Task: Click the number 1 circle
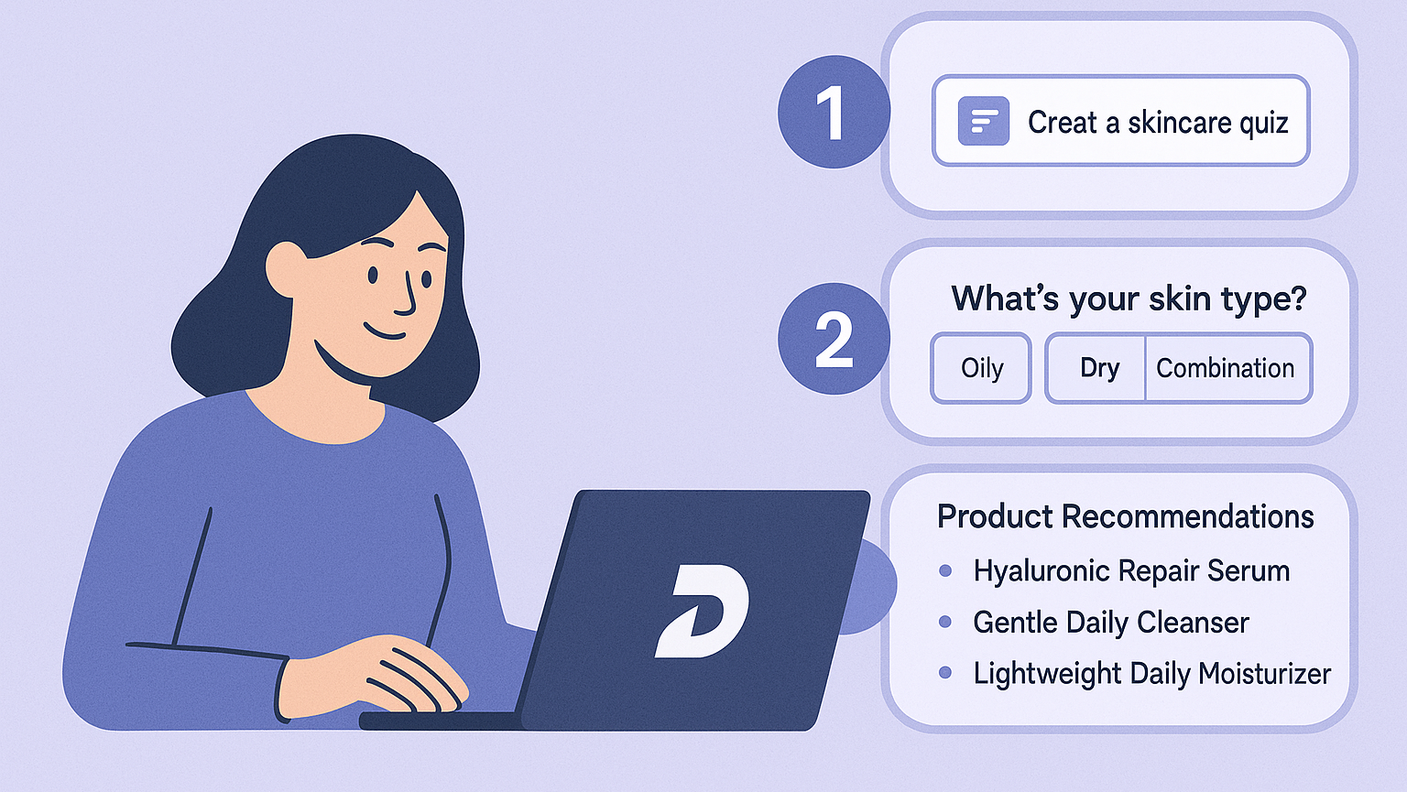[832, 112]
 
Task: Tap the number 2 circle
[832, 339]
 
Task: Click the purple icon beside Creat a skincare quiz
[983, 121]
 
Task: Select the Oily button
[981, 368]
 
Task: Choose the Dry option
[1098, 368]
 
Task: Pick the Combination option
[1226, 368]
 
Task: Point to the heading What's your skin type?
[1128, 298]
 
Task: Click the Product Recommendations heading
[1125, 516]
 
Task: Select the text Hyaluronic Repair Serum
[1131, 571]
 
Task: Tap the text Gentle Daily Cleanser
[1110, 623]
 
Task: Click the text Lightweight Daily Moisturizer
[1151, 674]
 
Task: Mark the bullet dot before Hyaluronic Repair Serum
[945, 571]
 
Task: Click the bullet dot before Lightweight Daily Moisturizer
[945, 673]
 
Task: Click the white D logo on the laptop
[703, 611]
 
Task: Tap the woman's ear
[285, 267]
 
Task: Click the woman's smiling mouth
[385, 331]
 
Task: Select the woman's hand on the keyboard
[385, 678]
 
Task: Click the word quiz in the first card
[1264, 123]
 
